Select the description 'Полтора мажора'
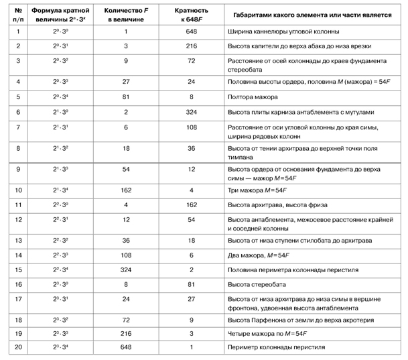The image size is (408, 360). tap(253, 97)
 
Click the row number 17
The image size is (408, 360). tap(17, 299)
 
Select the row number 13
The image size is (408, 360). tap(17, 240)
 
